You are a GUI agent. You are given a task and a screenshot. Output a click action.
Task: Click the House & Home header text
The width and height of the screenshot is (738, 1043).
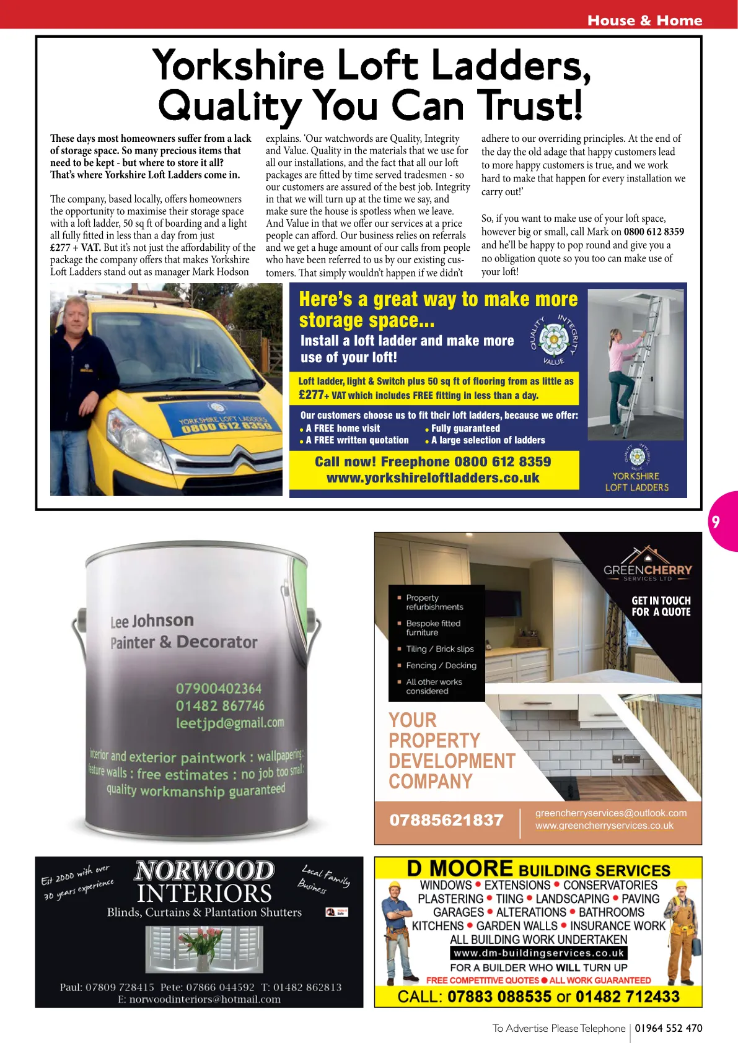tap(644, 20)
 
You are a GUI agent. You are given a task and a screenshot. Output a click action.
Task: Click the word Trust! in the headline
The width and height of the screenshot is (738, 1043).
tap(533, 105)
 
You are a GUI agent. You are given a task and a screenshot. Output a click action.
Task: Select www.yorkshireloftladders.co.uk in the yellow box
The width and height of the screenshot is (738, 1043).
tap(433, 478)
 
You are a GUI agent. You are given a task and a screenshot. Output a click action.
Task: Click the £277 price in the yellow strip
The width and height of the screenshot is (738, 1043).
tap(311, 395)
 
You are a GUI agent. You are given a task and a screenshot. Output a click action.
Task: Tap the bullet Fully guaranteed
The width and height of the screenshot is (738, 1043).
tap(465, 428)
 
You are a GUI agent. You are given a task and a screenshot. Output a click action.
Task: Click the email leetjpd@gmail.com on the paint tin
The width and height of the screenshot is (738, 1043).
tap(229, 723)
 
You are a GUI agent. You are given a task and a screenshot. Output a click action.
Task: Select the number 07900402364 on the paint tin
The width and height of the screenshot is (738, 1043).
tap(218, 689)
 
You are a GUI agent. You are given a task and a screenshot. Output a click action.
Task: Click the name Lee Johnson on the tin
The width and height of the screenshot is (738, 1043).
tap(152, 621)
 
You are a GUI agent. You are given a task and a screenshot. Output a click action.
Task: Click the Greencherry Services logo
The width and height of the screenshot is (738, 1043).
tap(647, 564)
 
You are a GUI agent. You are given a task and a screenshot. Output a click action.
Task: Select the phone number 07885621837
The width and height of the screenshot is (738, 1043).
tap(446, 820)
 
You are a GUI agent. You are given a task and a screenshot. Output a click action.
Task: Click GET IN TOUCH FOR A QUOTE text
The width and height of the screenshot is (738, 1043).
tap(661, 606)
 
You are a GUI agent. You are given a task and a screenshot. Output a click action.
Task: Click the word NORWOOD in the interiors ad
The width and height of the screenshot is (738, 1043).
tap(204, 871)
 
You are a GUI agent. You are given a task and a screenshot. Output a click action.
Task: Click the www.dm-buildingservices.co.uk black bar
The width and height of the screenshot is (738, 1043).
tap(538, 953)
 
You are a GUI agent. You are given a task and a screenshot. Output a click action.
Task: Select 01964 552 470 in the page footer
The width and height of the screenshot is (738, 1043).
tap(668, 1028)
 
